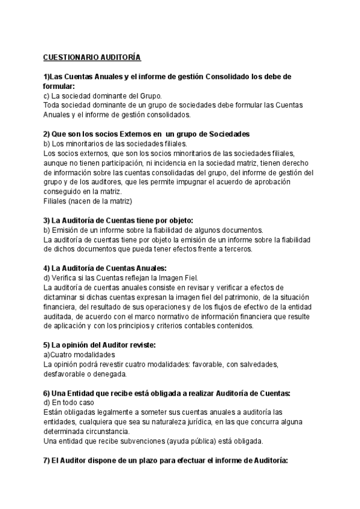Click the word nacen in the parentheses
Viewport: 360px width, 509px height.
80,200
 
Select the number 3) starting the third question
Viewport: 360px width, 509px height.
47,220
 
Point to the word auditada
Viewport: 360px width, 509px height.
59,316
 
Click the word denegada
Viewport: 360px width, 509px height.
109,374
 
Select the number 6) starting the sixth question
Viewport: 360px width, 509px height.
47,393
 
